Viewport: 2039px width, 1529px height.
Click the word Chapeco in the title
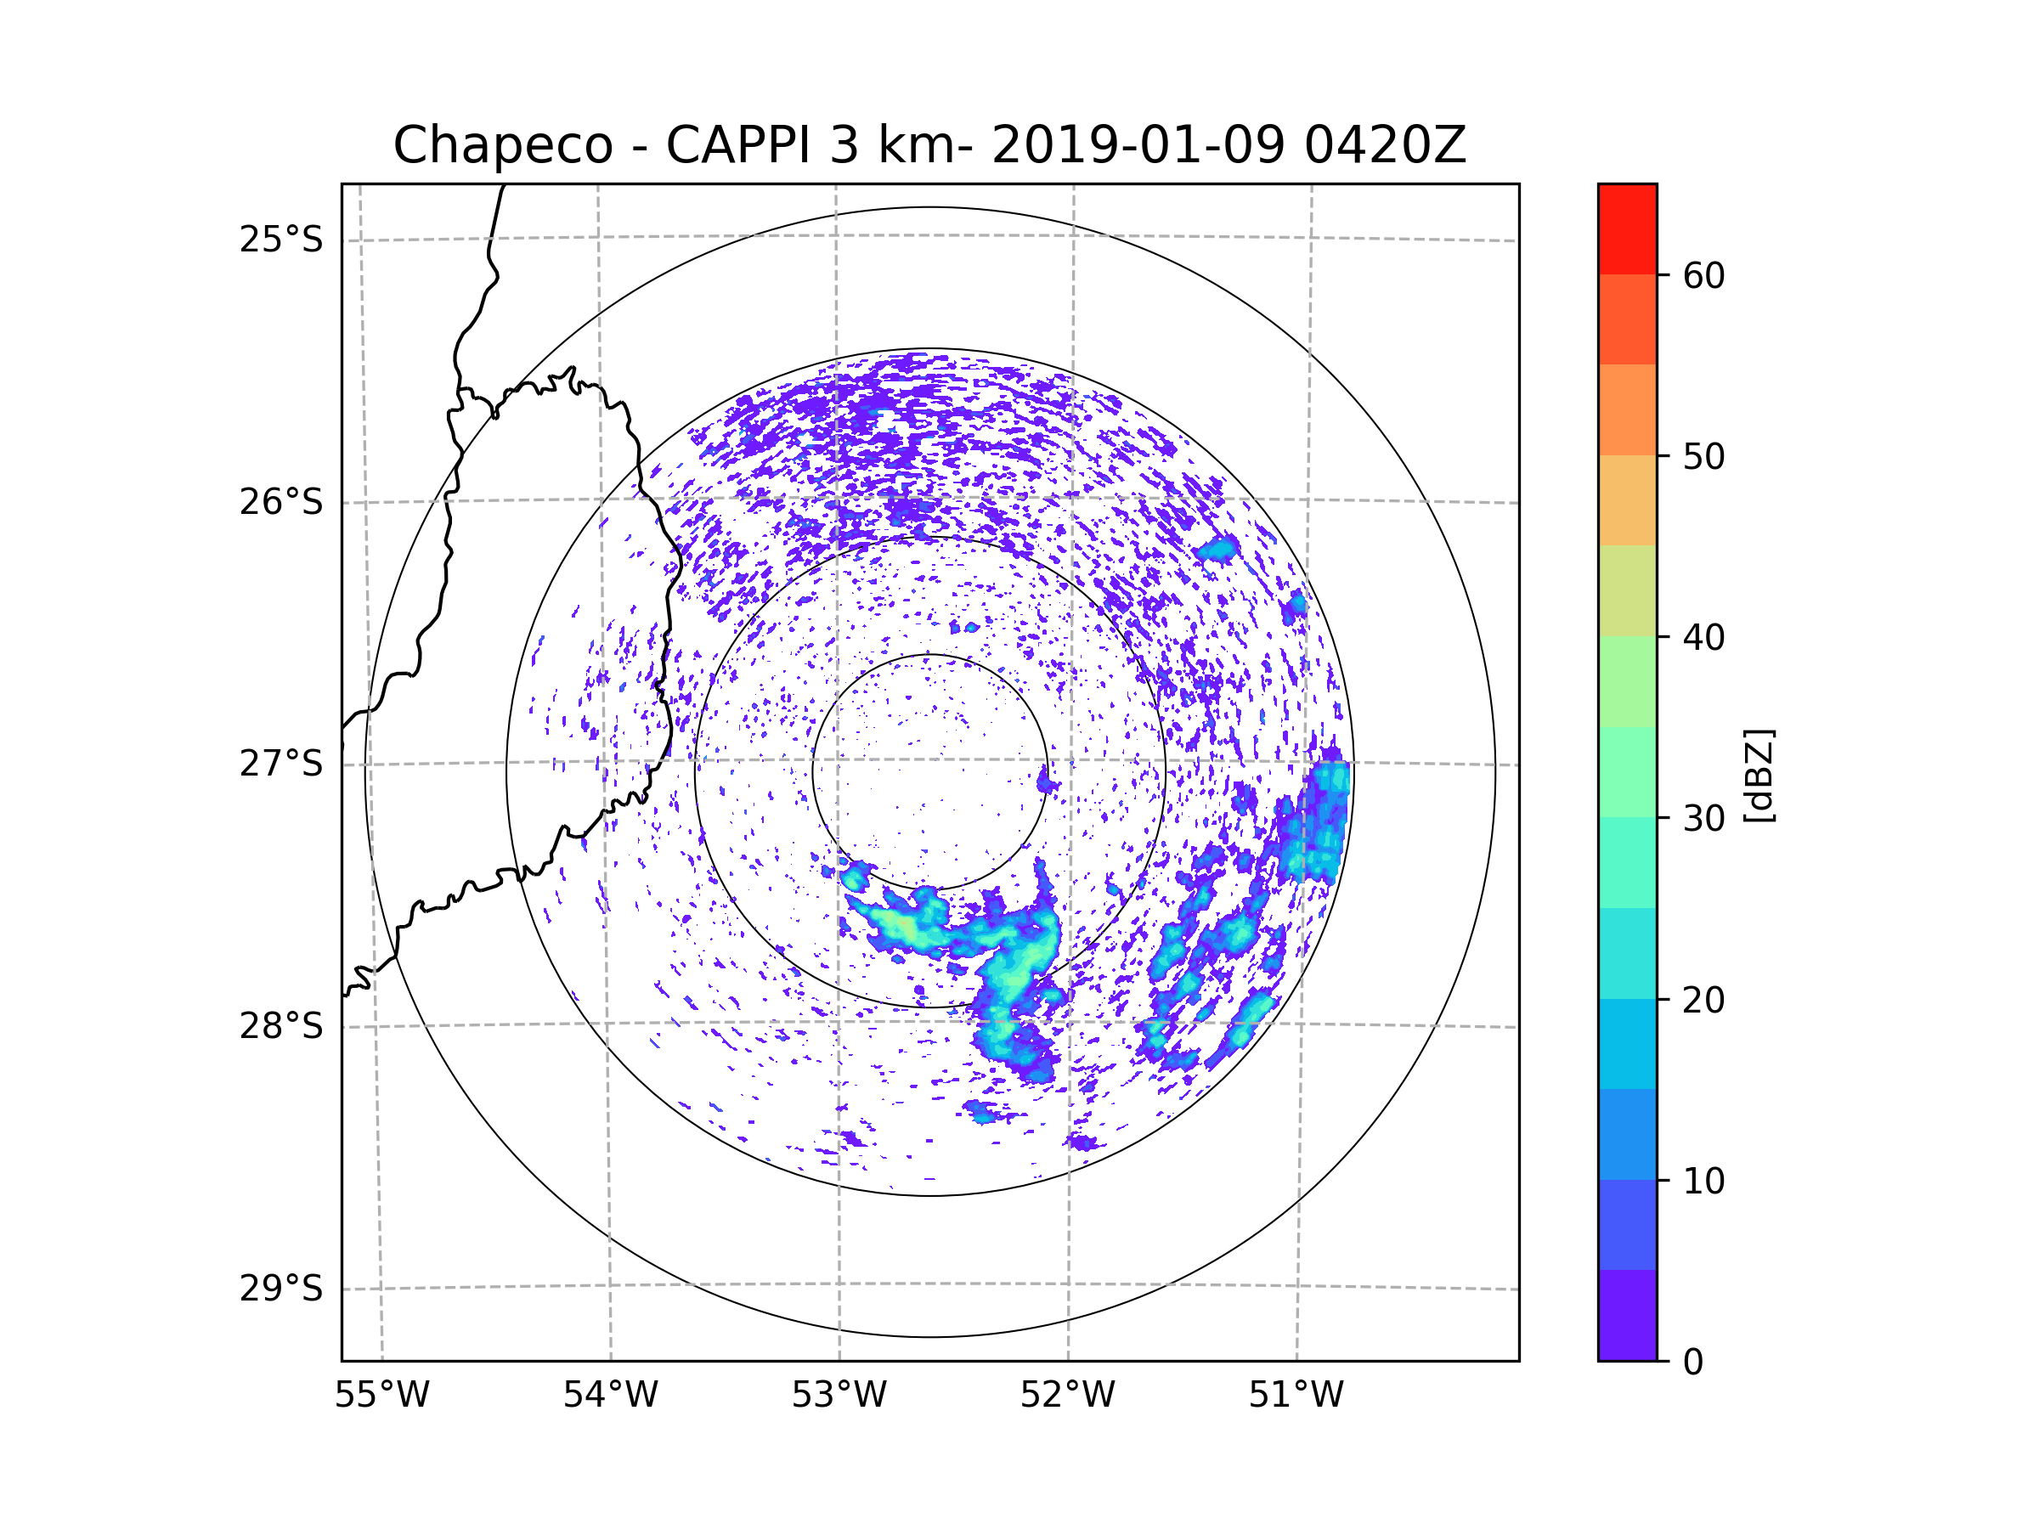[502, 145]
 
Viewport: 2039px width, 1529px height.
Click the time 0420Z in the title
[1385, 145]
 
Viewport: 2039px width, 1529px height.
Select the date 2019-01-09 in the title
[1138, 145]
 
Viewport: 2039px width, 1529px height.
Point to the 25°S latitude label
[281, 240]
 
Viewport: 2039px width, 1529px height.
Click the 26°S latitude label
[281, 502]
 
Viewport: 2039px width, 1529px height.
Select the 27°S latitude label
[281, 764]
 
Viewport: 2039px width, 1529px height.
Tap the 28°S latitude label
[281, 1026]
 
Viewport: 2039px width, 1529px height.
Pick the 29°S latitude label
[281, 1289]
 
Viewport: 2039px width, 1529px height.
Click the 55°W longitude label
[381, 1396]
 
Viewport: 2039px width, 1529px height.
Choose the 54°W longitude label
[610, 1396]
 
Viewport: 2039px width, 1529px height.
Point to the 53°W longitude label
[839, 1396]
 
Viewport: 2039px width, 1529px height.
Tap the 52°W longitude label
[1067, 1396]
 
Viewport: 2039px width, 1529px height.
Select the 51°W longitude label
[1296, 1396]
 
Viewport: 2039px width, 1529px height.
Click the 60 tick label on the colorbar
[1703, 275]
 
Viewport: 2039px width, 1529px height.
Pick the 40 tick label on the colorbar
[1703, 638]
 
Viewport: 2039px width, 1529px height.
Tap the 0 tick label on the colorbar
[1693, 1363]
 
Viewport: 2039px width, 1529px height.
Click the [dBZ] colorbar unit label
[1759, 775]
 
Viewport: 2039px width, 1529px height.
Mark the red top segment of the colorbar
[1627, 229]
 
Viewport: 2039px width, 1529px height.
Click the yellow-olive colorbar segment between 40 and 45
[1627, 590]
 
